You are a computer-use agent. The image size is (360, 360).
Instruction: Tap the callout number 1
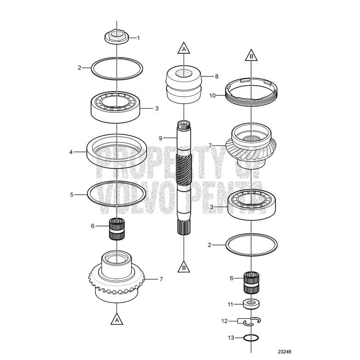click(138, 38)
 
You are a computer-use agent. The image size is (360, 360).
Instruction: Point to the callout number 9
click(160, 138)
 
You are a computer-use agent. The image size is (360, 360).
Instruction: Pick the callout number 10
click(213, 95)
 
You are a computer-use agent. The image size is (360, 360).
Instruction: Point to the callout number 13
click(231, 338)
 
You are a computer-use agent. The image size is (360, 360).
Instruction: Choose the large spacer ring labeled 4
click(116, 152)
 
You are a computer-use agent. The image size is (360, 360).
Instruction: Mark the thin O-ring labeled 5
click(116, 193)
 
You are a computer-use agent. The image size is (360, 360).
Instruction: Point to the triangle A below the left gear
click(116, 320)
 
